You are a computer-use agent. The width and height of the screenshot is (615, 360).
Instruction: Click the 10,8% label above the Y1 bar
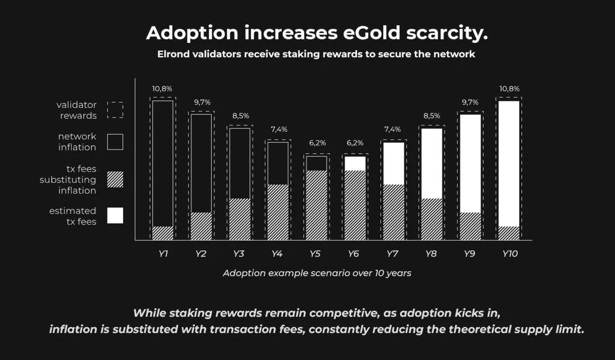pos(162,89)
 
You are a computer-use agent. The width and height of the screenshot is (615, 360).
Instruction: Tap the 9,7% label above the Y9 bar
pos(469,102)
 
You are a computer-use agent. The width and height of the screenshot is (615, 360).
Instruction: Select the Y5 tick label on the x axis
pos(316,253)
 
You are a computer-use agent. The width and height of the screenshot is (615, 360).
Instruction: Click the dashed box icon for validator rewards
pos(115,110)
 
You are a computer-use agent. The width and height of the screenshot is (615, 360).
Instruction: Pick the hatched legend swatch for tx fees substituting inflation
pos(115,179)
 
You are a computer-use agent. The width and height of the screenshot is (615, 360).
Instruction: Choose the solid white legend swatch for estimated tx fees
pos(115,216)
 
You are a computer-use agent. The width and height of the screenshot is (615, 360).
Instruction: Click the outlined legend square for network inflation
pos(115,142)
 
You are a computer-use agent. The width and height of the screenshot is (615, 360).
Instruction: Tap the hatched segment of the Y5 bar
pos(316,205)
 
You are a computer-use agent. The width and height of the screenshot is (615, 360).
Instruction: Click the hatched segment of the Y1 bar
pos(162,233)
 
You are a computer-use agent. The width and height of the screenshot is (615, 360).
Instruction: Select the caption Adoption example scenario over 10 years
pos(317,273)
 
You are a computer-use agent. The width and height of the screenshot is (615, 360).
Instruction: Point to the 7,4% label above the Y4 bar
pos(278,130)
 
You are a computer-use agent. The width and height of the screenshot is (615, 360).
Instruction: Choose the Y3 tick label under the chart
pos(239,253)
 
